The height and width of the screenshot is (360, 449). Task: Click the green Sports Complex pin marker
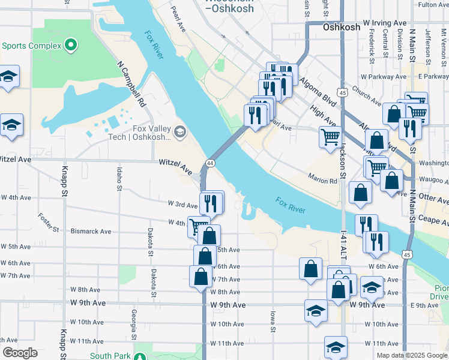(71, 45)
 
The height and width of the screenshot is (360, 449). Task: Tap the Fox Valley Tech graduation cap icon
(179, 131)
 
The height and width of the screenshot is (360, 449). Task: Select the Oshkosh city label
(341, 28)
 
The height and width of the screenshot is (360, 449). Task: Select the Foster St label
(49, 222)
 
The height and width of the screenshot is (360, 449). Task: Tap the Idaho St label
(118, 178)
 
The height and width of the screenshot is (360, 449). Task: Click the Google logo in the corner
(19, 353)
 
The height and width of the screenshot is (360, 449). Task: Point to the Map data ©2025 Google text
(411, 355)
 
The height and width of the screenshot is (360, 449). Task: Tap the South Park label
(110, 356)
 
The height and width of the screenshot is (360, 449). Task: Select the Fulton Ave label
(433, 5)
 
